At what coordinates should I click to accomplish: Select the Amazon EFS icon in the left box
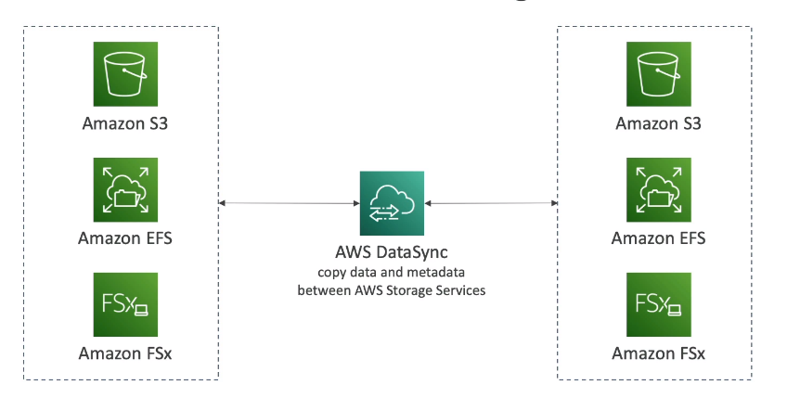pyautogui.click(x=125, y=190)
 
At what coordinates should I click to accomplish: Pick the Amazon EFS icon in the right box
pyautogui.click(x=658, y=191)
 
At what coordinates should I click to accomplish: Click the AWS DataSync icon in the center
pyautogui.click(x=391, y=201)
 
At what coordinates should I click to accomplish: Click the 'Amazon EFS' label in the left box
pyautogui.click(x=125, y=238)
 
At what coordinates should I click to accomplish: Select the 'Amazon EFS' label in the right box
pyautogui.click(x=658, y=238)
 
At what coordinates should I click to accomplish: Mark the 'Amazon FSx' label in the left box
pyautogui.click(x=125, y=353)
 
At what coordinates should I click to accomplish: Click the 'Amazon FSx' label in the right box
pyautogui.click(x=658, y=353)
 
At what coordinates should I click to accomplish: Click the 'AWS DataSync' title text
pyautogui.click(x=391, y=253)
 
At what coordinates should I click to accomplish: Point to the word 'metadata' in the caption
pyautogui.click(x=435, y=273)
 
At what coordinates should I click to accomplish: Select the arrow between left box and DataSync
pyautogui.click(x=289, y=202)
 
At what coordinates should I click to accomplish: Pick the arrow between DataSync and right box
pyautogui.click(x=490, y=202)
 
